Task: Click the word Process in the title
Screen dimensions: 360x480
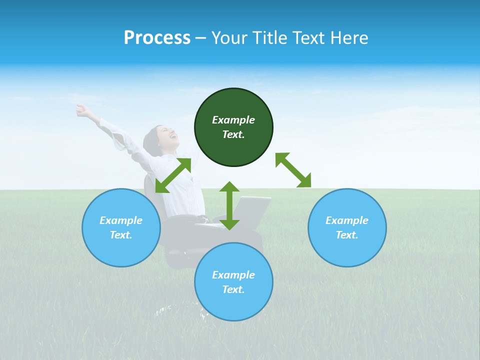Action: pos(157,38)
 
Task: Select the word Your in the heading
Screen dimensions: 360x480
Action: pos(229,38)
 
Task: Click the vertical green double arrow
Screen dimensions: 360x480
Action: pos(229,205)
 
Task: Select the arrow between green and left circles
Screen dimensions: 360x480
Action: pos(173,175)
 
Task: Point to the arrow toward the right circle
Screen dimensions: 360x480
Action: pos(293,170)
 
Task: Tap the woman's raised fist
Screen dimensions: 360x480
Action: pos(80,108)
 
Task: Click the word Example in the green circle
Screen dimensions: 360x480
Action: pos(233,120)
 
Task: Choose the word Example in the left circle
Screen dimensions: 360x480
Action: pos(121,220)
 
